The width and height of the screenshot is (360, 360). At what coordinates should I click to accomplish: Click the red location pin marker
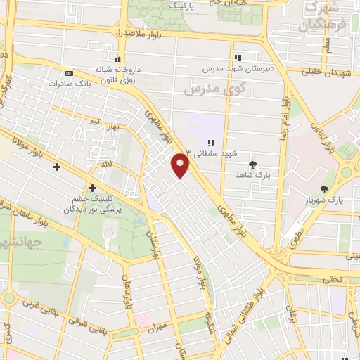point(181,165)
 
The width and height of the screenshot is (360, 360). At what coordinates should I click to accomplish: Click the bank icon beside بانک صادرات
point(69,72)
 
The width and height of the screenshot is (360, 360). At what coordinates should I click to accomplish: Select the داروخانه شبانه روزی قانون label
point(120,72)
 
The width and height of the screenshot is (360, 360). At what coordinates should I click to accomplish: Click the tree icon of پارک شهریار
point(324,188)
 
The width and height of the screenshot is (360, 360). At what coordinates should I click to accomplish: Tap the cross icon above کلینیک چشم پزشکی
point(92,187)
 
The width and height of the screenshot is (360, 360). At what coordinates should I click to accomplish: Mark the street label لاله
point(107,164)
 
